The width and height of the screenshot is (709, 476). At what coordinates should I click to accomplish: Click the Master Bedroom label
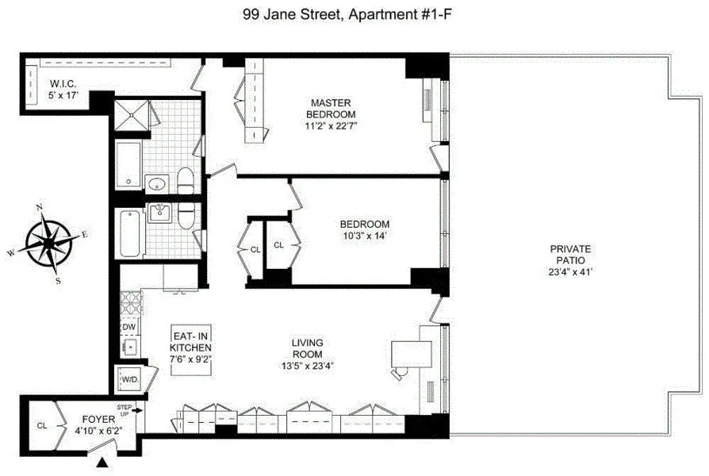331,109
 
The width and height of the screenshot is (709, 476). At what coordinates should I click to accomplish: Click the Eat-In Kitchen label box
191,347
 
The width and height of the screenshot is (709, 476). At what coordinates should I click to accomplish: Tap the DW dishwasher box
128,326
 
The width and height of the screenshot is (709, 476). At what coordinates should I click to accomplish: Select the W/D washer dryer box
128,381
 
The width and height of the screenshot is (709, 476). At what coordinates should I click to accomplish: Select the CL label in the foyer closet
41,425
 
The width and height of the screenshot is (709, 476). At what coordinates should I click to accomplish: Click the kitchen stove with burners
129,302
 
